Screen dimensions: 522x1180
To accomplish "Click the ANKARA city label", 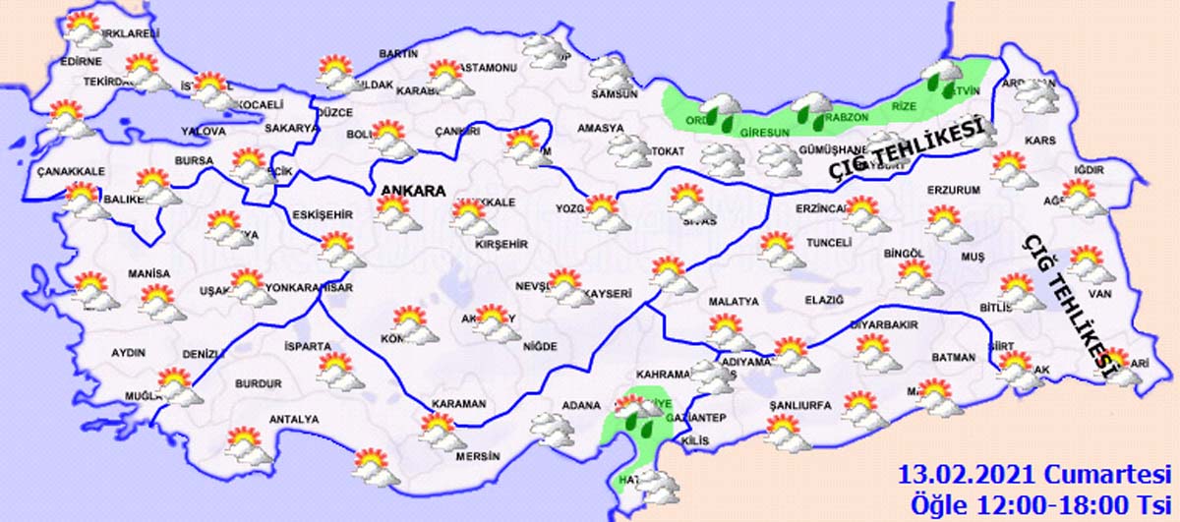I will pos(411,191).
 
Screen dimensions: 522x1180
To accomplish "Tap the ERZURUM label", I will pos(954,190).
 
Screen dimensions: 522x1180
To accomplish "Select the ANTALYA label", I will pos(295,420).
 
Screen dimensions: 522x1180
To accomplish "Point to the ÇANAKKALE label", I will pos(70,172).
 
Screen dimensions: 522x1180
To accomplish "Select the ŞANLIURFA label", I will pos(798,405).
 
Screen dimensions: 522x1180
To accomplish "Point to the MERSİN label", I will pos(478,457).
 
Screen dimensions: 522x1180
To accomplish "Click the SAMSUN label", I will pos(615,94).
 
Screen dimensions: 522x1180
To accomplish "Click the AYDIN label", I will pos(128,352).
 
